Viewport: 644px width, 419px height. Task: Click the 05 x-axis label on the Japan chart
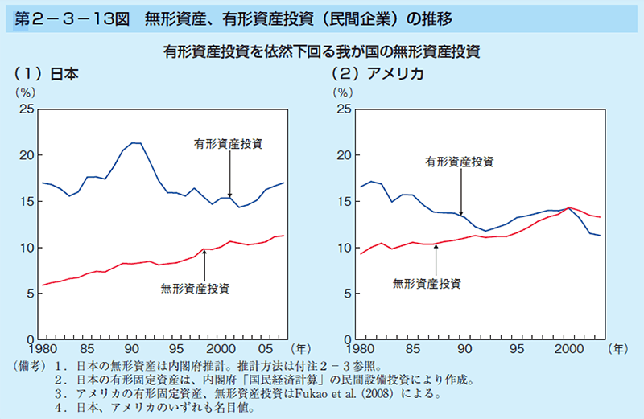[x=261, y=351]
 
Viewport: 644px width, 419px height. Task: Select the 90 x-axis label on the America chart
[x=464, y=351]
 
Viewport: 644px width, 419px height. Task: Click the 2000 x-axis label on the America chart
[x=569, y=351]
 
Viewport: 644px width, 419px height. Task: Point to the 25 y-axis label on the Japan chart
[x=26, y=109]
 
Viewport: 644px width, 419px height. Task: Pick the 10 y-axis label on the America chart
[x=344, y=248]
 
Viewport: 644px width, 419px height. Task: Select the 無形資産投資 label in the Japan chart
[x=196, y=287]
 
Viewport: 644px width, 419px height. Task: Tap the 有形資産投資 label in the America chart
[x=460, y=162]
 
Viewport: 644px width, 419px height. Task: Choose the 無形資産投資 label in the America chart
[x=427, y=283]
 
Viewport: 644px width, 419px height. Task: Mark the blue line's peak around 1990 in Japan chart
[x=135, y=143]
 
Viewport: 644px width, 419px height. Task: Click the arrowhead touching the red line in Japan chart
[x=205, y=253]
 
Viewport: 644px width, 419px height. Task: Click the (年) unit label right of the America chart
[x=619, y=350]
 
